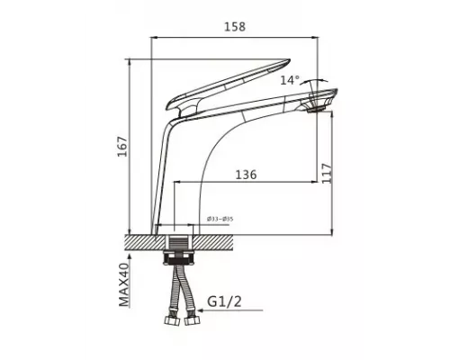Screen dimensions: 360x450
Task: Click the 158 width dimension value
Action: tap(236, 27)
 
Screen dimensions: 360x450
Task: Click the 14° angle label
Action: tap(289, 80)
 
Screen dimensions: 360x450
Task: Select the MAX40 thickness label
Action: tap(127, 285)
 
